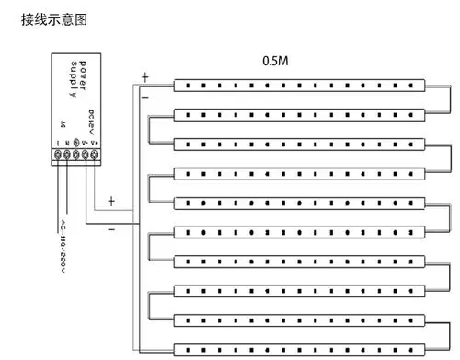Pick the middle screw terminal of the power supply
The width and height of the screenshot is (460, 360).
(77, 157)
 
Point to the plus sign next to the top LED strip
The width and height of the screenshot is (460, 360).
(144, 77)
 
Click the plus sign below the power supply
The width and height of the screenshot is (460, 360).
(111, 200)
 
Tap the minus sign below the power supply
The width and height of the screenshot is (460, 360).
(111, 229)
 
